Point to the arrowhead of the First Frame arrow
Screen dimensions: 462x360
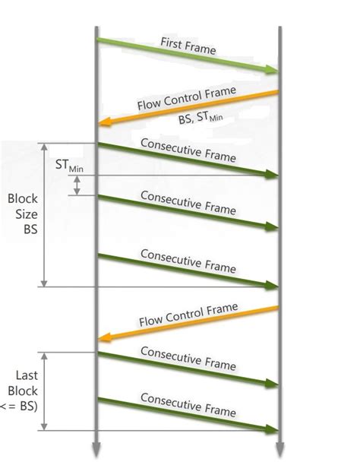[273, 71]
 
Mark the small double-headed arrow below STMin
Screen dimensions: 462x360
[76, 185]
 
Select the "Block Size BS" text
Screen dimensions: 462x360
[22, 213]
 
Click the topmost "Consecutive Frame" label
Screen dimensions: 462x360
[188, 149]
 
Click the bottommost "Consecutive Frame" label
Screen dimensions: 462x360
[188, 404]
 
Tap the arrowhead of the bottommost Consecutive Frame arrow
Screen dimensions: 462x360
[273, 430]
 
